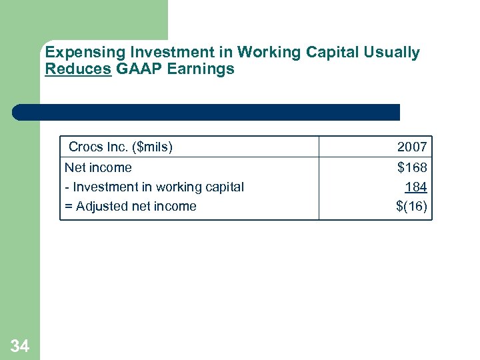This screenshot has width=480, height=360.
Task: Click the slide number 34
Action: pos(20,345)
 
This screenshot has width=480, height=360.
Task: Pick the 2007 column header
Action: pos(411,147)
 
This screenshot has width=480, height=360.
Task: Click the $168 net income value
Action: pos(411,167)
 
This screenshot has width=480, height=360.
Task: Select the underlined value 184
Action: pos(415,187)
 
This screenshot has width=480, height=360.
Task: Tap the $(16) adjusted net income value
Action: pos(411,206)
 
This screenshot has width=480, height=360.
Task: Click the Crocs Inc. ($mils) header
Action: pos(121,147)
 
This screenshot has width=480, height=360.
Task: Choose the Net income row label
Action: pos(98,167)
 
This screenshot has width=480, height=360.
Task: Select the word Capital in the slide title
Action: pos(337,52)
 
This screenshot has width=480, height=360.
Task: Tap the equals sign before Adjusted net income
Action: pos(68,206)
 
